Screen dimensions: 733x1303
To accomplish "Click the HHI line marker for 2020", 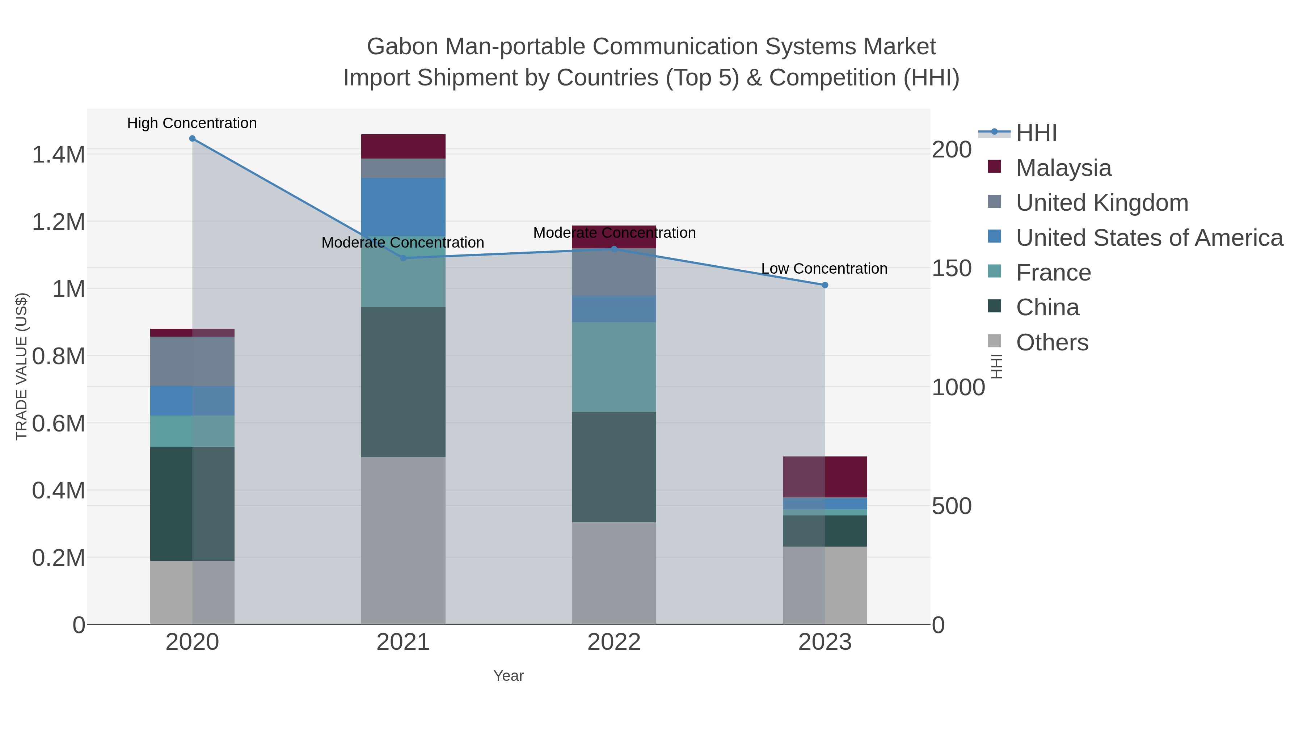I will [x=192, y=139].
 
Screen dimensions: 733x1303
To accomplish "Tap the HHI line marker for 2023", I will [x=825, y=285].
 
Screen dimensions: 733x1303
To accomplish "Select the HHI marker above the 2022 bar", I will [x=614, y=249].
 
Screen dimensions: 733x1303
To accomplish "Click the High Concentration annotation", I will [x=192, y=123].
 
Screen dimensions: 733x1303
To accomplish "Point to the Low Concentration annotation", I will [x=824, y=269].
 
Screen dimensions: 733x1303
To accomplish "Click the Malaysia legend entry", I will [x=1063, y=168].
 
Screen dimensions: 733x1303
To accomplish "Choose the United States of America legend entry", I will [x=1149, y=238].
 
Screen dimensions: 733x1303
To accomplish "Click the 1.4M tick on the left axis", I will [x=59, y=154].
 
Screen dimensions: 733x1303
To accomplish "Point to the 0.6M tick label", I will [x=59, y=424].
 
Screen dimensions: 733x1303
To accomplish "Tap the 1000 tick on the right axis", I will [x=958, y=388].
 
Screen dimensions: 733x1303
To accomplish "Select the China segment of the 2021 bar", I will [x=403, y=382].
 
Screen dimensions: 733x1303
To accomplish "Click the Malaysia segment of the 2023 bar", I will [x=825, y=477].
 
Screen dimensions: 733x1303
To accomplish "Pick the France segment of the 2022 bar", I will [x=614, y=367].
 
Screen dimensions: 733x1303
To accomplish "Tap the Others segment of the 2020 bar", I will [x=192, y=592].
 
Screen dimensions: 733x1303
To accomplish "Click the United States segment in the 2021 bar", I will [x=403, y=207].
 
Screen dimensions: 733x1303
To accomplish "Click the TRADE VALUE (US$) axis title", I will [x=21, y=366].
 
